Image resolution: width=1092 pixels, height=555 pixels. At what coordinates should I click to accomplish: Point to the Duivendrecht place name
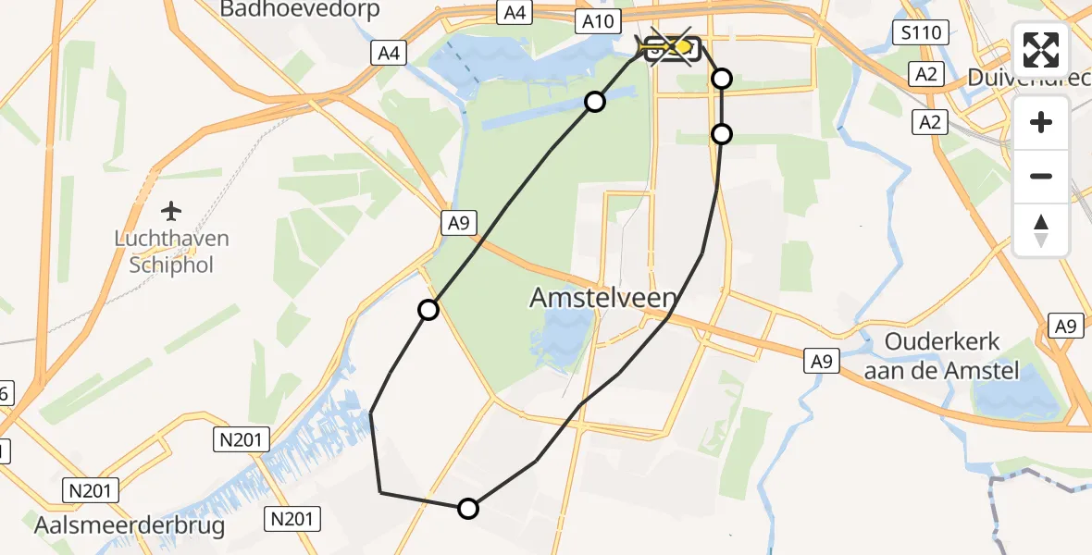1027,78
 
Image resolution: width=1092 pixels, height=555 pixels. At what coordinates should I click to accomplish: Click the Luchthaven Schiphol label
171,252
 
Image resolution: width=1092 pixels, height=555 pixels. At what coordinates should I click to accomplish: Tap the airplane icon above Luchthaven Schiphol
171,211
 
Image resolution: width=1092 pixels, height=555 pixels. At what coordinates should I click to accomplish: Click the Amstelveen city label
603,298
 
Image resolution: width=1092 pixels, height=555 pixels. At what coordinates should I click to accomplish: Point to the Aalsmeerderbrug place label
130,526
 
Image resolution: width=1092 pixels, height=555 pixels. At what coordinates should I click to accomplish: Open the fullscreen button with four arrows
1041,50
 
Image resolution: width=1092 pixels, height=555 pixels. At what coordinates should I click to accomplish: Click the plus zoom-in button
1041,122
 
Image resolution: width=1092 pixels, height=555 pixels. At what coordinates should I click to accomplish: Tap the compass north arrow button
1041,229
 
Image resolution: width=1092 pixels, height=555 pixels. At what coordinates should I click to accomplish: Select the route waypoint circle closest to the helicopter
721,79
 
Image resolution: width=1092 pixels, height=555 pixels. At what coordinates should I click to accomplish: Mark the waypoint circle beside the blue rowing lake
595,102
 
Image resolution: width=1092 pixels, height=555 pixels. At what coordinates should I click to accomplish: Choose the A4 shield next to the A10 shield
514,12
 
